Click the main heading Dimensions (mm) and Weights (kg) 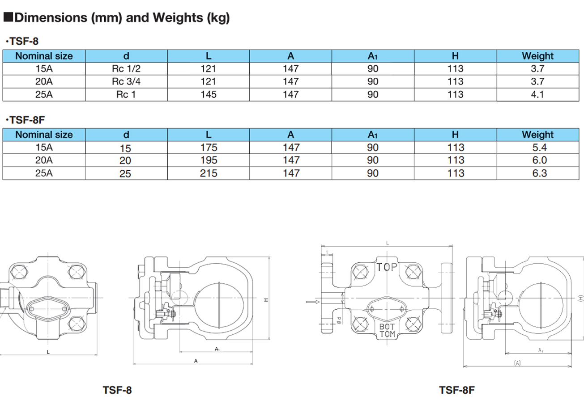pos(122,18)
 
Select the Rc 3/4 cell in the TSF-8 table pos(126,81)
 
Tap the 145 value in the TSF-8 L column pos(209,94)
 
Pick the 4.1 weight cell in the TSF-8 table pos(537,94)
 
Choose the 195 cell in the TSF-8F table pos(209,160)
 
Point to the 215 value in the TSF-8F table pos(209,173)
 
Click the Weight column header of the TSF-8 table pos(537,56)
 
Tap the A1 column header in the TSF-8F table pos(373,135)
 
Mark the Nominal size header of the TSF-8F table pos(44,135)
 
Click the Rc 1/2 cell pos(126,69)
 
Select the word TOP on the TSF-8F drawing pos(387,267)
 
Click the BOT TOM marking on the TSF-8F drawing pos(387,330)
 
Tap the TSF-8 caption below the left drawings pos(117,390)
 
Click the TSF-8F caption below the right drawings pos(456,390)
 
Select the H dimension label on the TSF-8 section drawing pos(265,300)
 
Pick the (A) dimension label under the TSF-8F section pos(517,363)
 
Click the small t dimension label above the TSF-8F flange pos(328,252)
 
